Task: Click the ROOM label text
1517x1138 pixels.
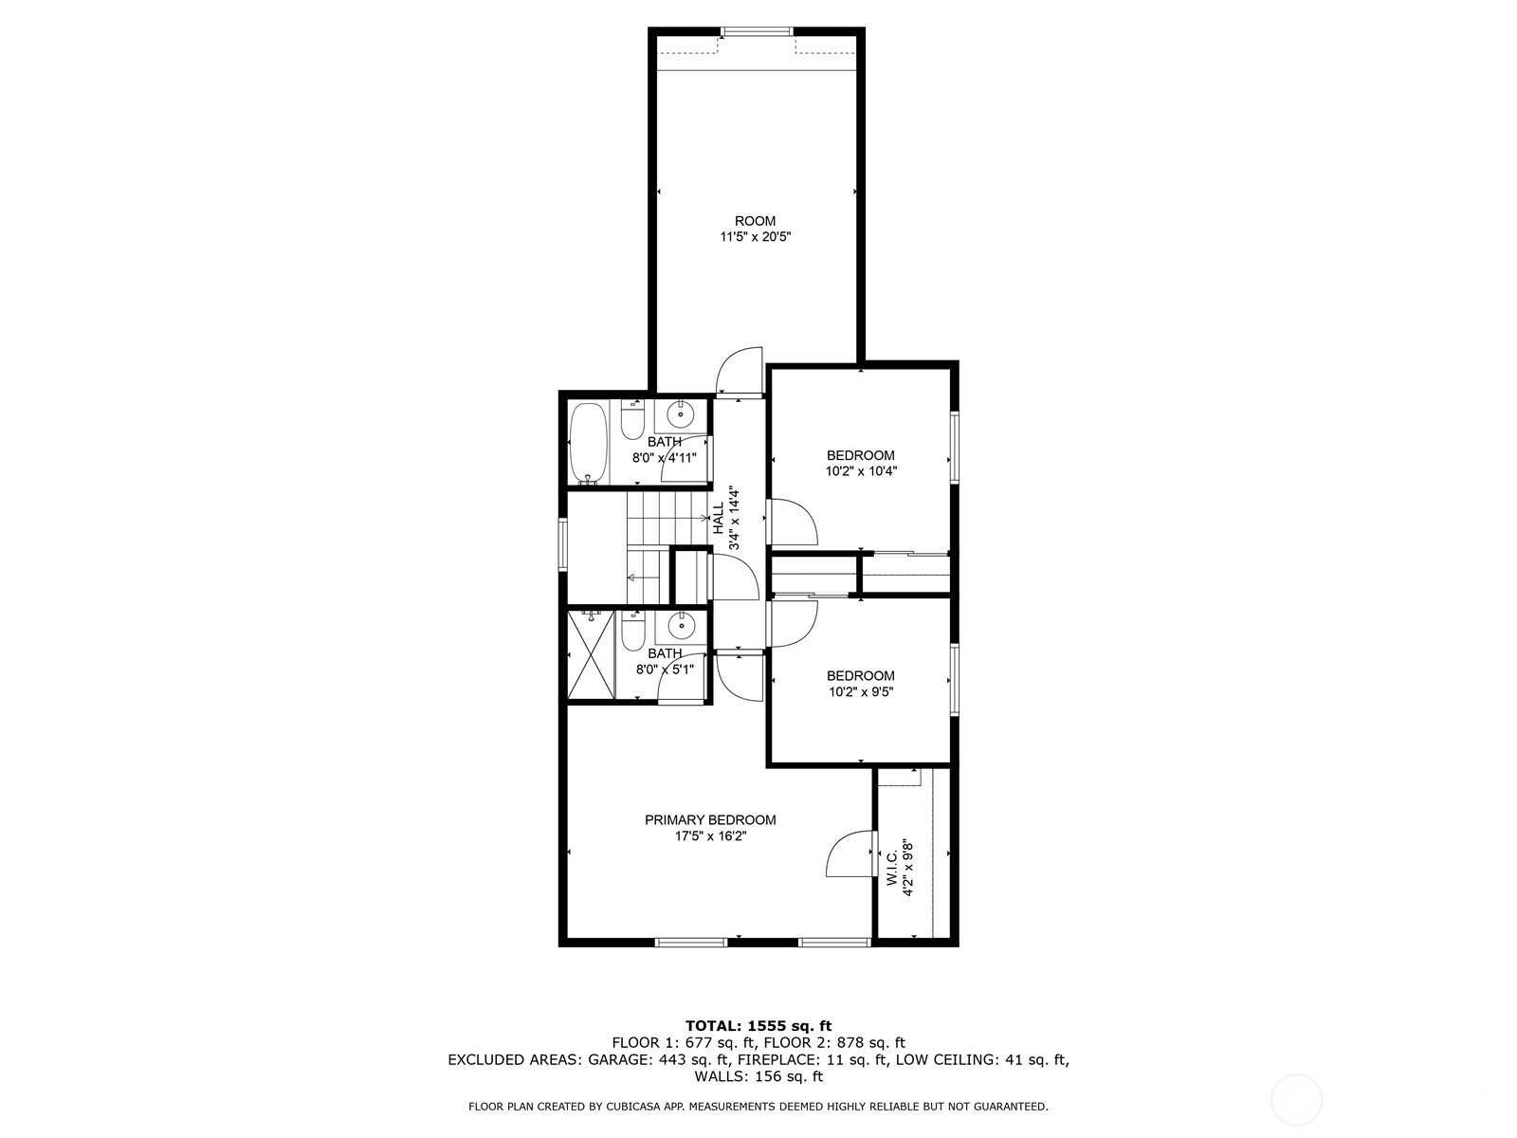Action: click(755, 221)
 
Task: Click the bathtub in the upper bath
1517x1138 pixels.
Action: click(591, 444)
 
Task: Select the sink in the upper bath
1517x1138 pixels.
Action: click(681, 414)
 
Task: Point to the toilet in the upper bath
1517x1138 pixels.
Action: click(632, 419)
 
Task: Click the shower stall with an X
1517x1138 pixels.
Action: click(592, 655)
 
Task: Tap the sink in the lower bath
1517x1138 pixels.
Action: click(681, 626)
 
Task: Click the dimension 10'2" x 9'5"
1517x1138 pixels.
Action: click(860, 692)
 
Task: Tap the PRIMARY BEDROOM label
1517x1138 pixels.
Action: click(710, 820)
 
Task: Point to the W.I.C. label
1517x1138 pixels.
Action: click(893, 868)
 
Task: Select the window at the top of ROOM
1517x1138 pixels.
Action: click(758, 32)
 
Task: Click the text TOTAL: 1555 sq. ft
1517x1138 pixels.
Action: click(758, 1025)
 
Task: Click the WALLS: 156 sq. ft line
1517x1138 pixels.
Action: click(758, 1076)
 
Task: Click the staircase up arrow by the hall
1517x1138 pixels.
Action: click(705, 518)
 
